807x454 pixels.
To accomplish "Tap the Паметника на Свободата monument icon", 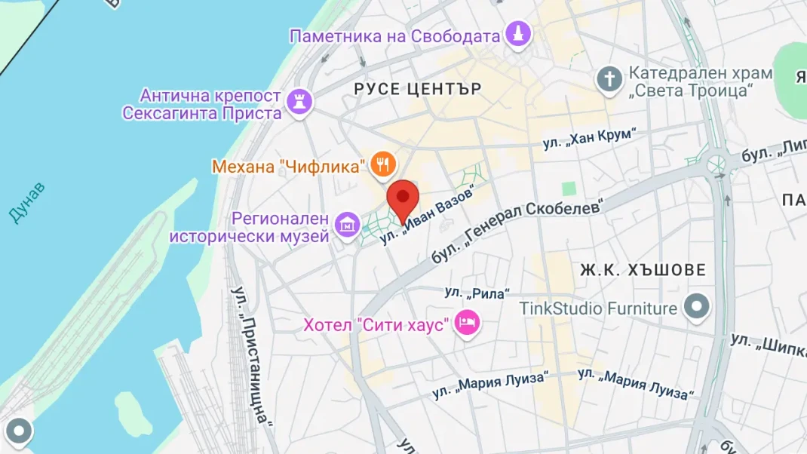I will point(518,34).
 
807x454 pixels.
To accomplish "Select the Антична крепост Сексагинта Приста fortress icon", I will point(299,101).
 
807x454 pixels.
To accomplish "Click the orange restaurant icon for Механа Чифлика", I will point(383,164).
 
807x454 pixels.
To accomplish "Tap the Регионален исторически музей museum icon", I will point(348,223).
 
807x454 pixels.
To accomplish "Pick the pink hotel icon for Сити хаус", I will point(468,324).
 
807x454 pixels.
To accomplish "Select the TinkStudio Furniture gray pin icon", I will point(696,306).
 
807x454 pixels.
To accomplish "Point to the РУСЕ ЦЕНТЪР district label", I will point(418,89).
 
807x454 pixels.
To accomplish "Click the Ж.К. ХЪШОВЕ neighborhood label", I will point(643,269).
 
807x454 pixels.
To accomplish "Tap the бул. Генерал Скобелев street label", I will point(518,231).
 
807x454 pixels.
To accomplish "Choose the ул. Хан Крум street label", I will point(589,140).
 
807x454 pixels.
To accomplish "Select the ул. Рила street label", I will point(477,293).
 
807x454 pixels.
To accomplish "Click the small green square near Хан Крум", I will point(569,189).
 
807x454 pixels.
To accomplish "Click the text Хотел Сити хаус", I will point(376,325).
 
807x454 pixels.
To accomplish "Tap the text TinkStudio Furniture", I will point(598,308).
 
